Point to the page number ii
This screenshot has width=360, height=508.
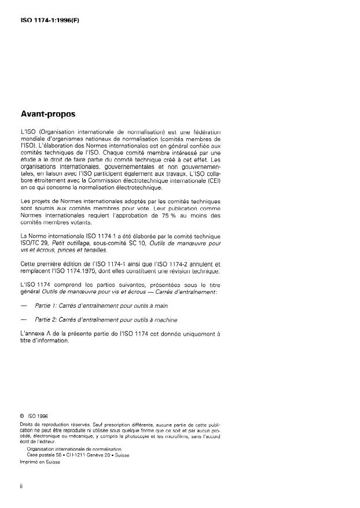21,486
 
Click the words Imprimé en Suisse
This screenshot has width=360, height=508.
40,461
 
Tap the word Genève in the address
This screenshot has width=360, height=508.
97,455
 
